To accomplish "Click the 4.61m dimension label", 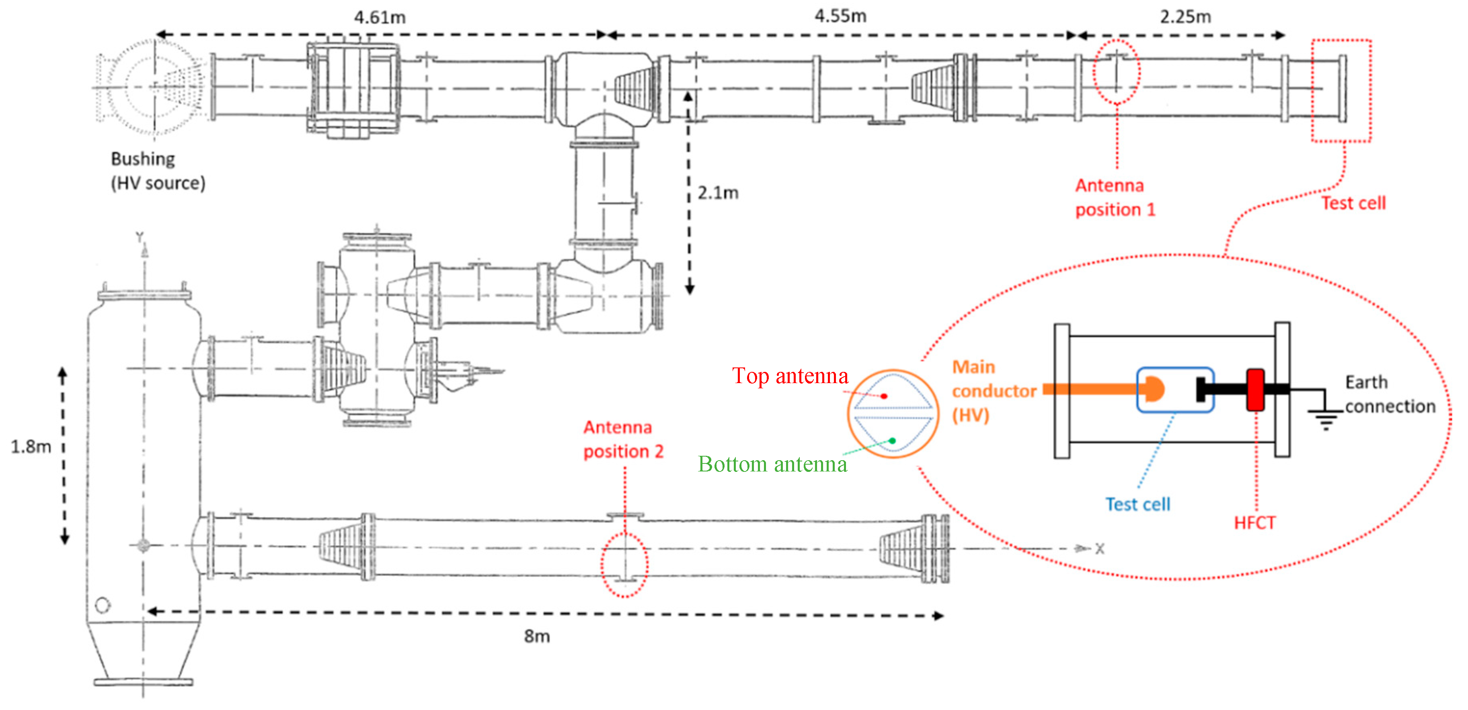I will coord(380,18).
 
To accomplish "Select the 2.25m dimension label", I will coord(1185,16).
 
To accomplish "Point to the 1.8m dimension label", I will coord(31,447).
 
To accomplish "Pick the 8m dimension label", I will coord(537,636).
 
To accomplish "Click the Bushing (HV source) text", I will coord(157,171).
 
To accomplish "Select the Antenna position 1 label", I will coord(1115,198).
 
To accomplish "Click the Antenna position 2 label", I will coord(623,439).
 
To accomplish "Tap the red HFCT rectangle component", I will coord(1255,390).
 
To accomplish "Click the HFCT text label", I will coord(1254,523).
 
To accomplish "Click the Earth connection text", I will coord(1389,394).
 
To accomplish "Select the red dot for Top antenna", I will coord(884,396).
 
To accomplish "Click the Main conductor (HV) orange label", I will coord(993,391).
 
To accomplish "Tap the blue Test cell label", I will coord(1137,504).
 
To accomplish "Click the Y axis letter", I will coord(140,237).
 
